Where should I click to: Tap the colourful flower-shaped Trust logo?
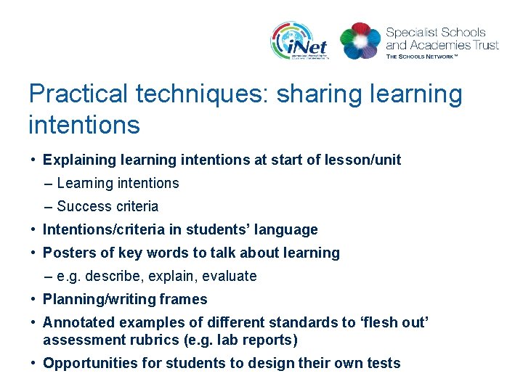(360, 41)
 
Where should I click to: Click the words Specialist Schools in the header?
(436, 32)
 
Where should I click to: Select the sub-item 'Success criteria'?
(107, 206)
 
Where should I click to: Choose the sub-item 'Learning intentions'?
(117, 183)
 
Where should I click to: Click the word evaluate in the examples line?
(230, 276)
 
